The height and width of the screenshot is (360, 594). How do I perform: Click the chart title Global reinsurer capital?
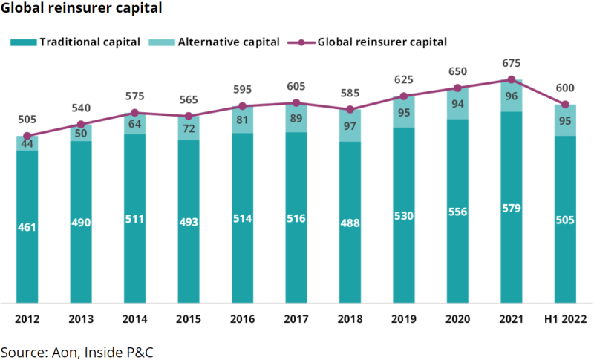[81, 9]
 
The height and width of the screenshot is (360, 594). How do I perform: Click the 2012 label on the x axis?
[27, 319]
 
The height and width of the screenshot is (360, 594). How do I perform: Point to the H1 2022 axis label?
[565, 319]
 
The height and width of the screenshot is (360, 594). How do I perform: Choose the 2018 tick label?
[350, 319]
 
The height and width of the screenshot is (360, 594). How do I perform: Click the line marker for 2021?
[511, 79]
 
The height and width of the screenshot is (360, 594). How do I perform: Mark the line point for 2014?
[134, 113]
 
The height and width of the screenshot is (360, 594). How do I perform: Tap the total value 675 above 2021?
[511, 64]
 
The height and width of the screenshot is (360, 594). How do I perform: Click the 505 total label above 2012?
[27, 120]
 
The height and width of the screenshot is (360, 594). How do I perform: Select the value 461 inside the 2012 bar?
[27, 226]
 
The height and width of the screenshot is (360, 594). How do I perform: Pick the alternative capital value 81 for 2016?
[242, 119]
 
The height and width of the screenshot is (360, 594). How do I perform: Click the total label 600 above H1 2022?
[565, 88]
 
